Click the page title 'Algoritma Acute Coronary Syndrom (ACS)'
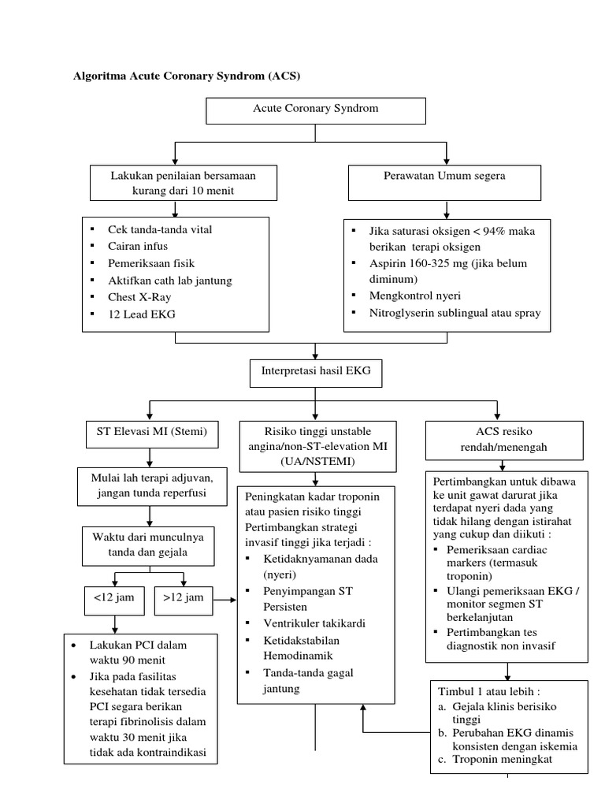pyautogui.click(x=187, y=76)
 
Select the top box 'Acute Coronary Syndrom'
pyautogui.click(x=315, y=109)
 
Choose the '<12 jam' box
pyautogui.click(x=115, y=598)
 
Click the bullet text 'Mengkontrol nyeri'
pyautogui.click(x=415, y=296)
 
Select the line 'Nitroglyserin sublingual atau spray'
pyautogui.click(x=455, y=314)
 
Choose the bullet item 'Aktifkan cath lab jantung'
pyautogui.click(x=170, y=280)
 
